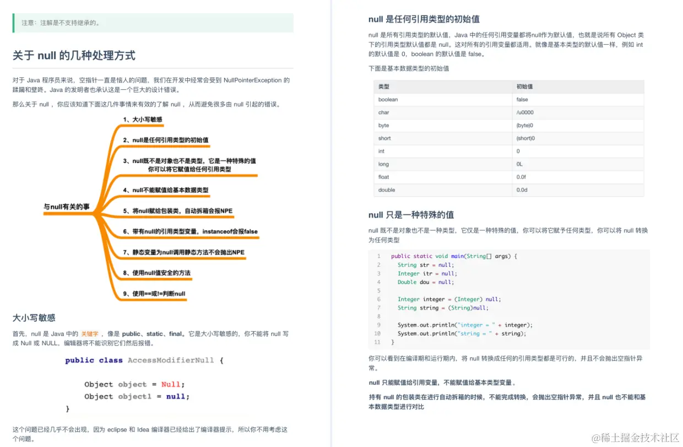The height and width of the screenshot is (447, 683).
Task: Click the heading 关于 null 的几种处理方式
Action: (74, 55)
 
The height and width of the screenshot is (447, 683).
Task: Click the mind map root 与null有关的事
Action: (67, 207)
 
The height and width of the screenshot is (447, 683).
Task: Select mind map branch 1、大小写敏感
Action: (143, 119)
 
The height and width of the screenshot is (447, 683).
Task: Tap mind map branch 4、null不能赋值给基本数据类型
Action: (166, 190)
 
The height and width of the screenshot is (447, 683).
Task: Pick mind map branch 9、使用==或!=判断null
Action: (154, 293)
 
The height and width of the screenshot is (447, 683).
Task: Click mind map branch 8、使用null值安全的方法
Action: (157, 273)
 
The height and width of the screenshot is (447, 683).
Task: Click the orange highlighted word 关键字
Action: (90, 333)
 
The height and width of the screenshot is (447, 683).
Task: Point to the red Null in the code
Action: (171, 384)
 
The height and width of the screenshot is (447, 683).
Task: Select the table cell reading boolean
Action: (388, 100)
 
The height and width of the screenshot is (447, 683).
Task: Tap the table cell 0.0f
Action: (522, 177)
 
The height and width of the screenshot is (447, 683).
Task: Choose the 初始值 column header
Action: (524, 87)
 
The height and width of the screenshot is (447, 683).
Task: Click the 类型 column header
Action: (384, 87)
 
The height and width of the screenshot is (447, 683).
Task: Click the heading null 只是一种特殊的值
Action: (411, 214)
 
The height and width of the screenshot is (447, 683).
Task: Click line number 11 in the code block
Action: (377, 342)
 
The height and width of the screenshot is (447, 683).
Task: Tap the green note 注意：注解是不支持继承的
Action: (61, 23)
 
